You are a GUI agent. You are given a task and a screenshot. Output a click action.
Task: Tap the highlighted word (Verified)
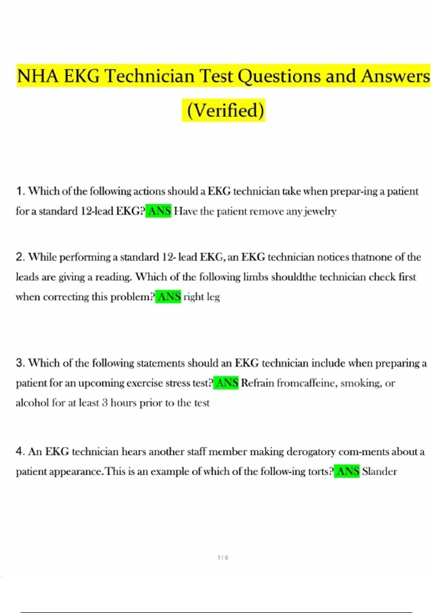[223, 110]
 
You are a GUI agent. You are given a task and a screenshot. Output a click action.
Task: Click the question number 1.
[20, 191]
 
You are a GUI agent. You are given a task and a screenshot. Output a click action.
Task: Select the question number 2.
[20, 257]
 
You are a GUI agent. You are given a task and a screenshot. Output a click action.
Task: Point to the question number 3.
[20, 363]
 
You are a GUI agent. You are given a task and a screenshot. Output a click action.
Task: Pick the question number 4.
[20, 451]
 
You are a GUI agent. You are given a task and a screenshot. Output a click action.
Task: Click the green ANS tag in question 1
[159, 211]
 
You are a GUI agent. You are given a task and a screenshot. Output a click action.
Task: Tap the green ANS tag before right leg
[168, 297]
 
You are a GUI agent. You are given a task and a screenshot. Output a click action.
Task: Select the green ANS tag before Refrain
[226, 383]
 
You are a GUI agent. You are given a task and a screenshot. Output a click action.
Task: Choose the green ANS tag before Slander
[347, 471]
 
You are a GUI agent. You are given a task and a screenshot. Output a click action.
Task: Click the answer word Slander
[379, 471]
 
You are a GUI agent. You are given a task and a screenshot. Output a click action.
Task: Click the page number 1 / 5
[223, 557]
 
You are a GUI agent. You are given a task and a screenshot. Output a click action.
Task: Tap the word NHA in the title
[38, 76]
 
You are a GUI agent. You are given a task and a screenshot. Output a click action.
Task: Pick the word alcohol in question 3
[32, 403]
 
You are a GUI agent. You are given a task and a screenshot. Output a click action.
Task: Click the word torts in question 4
[319, 471]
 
